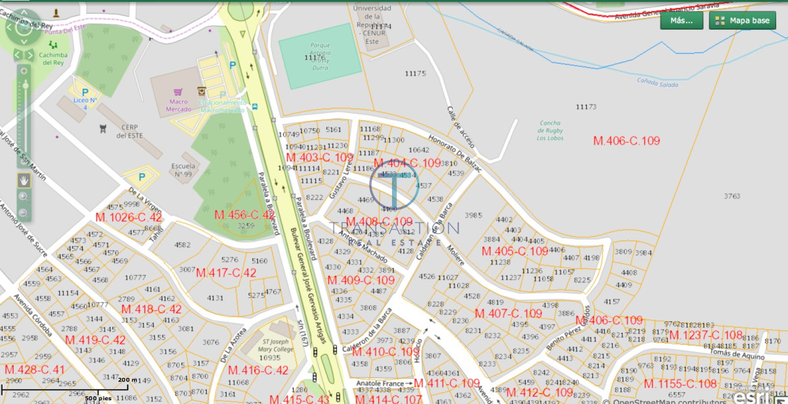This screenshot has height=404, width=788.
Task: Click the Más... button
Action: point(682,20)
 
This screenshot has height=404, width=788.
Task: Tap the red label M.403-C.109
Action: point(320,158)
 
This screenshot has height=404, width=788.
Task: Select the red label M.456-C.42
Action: point(244,215)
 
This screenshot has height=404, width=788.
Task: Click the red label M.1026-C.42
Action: point(129,217)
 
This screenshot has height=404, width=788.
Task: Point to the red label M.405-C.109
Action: point(515,252)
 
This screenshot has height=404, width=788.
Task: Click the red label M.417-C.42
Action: point(226,273)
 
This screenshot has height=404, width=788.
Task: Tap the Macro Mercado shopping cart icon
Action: point(176,93)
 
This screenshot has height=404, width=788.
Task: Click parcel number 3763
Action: point(732,196)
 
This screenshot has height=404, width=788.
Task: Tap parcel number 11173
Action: point(586,106)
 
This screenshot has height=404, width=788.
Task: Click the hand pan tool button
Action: point(24,179)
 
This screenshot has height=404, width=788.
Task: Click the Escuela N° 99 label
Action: point(183,169)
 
